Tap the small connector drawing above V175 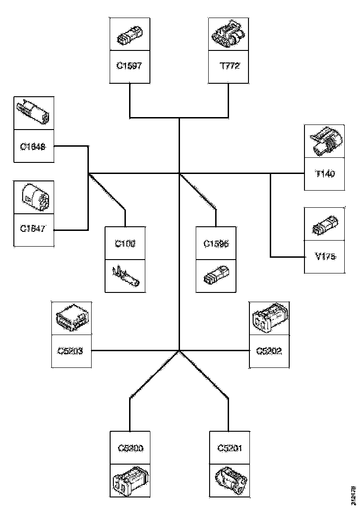[324, 225]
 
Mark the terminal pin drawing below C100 [125, 276]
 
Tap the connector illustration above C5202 [269, 318]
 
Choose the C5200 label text [130, 447]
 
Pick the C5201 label [230, 447]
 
